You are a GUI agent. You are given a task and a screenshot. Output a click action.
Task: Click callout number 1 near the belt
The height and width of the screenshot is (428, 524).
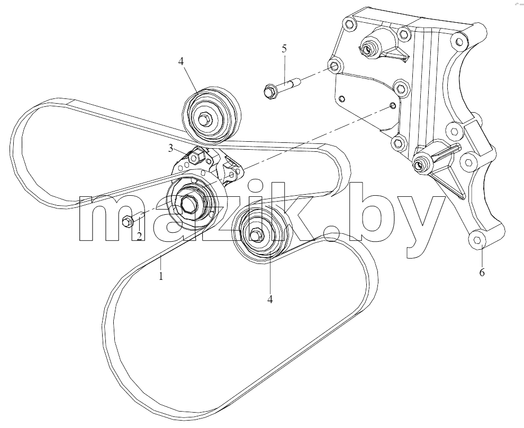pyautogui.click(x=161, y=276)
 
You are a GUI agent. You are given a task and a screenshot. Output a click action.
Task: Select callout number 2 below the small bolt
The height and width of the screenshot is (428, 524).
pyautogui.click(x=139, y=236)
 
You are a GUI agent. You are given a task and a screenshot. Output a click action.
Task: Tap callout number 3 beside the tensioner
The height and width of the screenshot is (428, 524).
pyautogui.click(x=171, y=148)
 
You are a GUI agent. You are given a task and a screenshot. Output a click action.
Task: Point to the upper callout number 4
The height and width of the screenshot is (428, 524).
pyautogui.click(x=181, y=61)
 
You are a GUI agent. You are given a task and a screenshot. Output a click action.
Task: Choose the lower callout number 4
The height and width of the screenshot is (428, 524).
pyautogui.click(x=270, y=299)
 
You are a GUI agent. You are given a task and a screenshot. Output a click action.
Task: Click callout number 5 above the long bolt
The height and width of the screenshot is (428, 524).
pyautogui.click(x=284, y=49)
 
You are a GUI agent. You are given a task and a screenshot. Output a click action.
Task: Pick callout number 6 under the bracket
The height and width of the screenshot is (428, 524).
pyautogui.click(x=482, y=272)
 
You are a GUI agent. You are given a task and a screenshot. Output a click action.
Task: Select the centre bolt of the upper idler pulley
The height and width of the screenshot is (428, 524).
pyautogui.click(x=204, y=119)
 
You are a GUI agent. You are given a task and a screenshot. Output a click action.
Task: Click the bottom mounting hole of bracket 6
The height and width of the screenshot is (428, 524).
pyautogui.click(x=478, y=240)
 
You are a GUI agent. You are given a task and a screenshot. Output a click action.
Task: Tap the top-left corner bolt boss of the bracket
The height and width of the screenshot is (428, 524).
pyautogui.click(x=349, y=24)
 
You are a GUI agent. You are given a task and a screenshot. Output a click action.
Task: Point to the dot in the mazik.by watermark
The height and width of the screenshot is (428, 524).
pyautogui.click(x=332, y=233)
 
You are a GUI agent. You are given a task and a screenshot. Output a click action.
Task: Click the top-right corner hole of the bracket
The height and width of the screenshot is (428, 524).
pyautogui.click(x=459, y=41)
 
